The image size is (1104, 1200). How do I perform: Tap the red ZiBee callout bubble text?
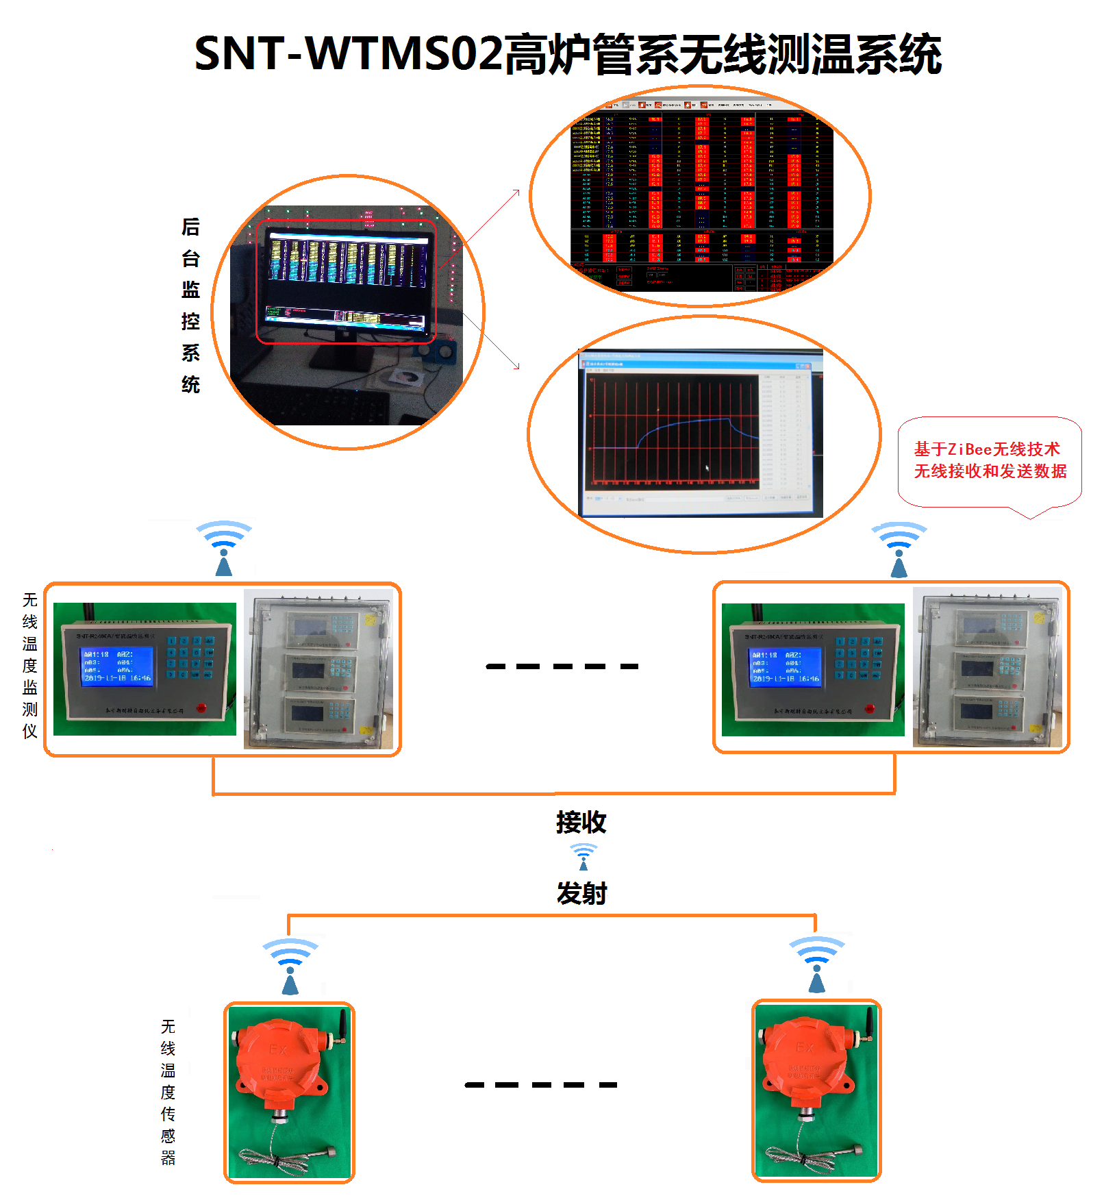(990, 460)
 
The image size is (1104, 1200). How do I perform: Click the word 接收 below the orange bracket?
(581, 822)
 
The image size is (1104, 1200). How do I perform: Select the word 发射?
(581, 893)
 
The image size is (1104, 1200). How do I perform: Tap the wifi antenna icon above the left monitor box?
(224, 548)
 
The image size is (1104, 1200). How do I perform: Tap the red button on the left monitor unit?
(201, 708)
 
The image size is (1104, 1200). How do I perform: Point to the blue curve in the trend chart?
(685, 424)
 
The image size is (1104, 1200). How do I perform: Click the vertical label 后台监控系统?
(190, 305)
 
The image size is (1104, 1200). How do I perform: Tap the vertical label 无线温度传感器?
(168, 1092)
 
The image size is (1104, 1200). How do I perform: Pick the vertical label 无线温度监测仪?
(29, 665)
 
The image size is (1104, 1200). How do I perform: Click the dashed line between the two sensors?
(540, 1084)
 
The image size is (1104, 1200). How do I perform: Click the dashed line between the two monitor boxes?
(562, 666)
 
